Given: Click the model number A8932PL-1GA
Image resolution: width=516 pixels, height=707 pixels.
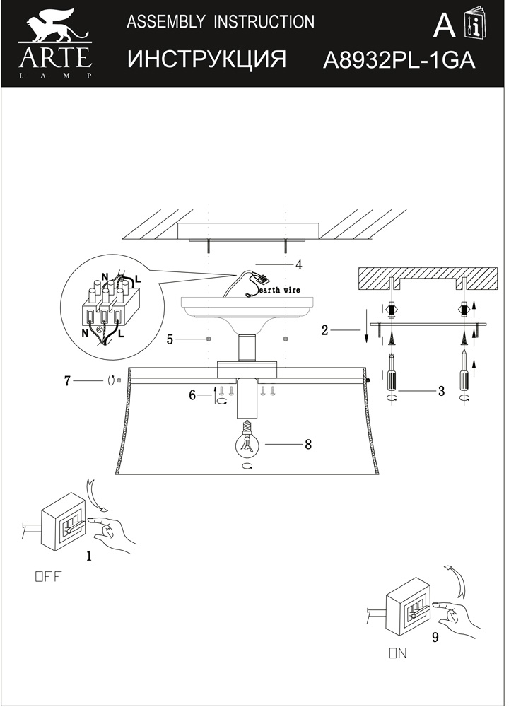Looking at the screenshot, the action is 399,60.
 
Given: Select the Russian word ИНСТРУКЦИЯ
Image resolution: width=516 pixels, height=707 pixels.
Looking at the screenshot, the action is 207,59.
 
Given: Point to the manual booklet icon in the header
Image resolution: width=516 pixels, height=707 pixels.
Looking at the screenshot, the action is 476,23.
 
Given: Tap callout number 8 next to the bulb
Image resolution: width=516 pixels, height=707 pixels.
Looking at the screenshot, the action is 308,445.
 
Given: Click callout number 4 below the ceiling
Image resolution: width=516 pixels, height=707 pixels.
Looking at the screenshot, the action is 298,264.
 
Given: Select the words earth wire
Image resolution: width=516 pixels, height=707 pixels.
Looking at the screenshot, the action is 280,291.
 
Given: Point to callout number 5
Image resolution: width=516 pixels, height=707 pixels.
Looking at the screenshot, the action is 170,339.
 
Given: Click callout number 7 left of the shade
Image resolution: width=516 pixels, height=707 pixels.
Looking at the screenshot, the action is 67,381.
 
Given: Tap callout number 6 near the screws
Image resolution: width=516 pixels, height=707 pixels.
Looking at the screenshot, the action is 192,395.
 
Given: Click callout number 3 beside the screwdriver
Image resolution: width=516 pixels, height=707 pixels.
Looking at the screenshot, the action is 441,391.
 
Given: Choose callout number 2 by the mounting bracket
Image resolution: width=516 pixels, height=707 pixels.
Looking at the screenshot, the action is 324,330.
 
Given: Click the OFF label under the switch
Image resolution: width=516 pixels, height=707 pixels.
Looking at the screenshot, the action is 47,577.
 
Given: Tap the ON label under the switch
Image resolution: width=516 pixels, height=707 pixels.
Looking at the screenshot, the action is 399,653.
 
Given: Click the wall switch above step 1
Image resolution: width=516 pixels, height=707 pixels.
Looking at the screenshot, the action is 63,521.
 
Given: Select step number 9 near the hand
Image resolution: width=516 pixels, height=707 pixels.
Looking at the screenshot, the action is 435,637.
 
